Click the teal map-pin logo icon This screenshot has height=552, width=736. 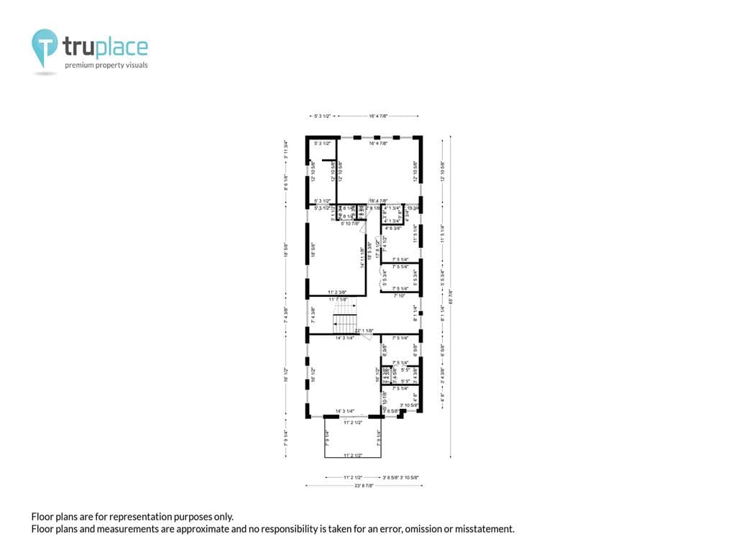click(x=44, y=48)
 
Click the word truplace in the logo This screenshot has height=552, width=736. click(x=105, y=47)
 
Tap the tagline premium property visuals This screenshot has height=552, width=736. click(x=106, y=65)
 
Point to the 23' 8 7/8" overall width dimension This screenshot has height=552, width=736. click(x=363, y=487)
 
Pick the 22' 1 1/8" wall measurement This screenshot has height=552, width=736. click(x=364, y=331)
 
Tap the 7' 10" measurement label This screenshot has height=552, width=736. click(x=400, y=295)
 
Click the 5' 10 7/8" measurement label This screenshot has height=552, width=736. click(x=350, y=224)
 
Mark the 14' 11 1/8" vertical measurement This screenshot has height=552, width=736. click(x=363, y=257)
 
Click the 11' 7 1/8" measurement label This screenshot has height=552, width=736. click(x=338, y=299)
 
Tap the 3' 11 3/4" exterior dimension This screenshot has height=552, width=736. click(x=285, y=153)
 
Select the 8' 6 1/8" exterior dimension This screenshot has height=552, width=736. click(x=285, y=182)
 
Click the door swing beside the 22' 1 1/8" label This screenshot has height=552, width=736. click(x=367, y=338)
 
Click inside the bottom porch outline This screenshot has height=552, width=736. click(x=352, y=438)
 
